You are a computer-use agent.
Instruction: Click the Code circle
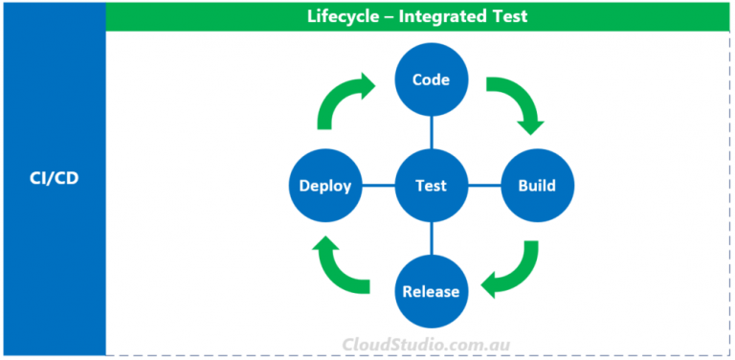[x=432, y=79]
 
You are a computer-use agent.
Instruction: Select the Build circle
[x=536, y=186]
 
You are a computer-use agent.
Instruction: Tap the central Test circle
[x=432, y=186]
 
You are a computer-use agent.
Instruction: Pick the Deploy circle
[x=325, y=186]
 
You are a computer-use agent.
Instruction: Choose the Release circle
[x=432, y=291]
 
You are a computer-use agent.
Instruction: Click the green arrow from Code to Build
[x=518, y=103]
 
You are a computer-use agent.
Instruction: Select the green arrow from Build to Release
[x=512, y=270]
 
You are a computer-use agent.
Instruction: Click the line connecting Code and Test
[x=432, y=132]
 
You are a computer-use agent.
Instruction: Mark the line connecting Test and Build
[x=483, y=186]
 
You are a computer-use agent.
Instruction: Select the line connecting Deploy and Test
[x=379, y=186]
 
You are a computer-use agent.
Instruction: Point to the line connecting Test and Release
[x=432, y=238]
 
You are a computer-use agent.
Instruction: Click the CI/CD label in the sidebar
[x=53, y=178]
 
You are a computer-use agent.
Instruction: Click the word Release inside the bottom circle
[x=432, y=292]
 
